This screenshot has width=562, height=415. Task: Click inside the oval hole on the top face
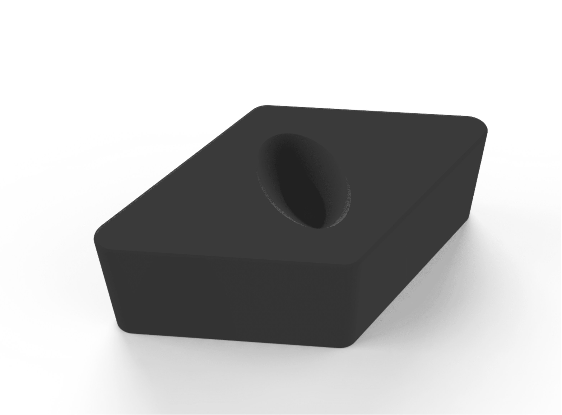301,181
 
